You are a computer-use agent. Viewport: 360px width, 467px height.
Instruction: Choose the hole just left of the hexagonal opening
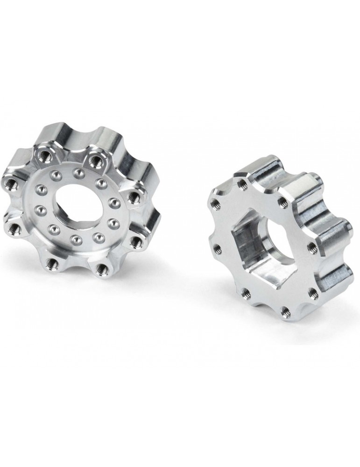[x=216, y=247]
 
